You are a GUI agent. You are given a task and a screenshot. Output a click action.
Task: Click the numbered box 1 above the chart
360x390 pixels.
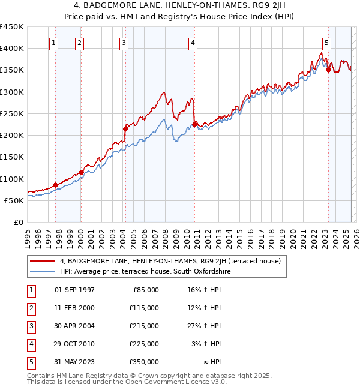(54, 43)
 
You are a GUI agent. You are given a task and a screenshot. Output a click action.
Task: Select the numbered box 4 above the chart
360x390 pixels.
(193, 43)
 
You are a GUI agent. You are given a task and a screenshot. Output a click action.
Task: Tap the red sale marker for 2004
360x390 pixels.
(126, 128)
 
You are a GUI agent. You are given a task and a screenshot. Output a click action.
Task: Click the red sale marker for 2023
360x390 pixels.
(328, 70)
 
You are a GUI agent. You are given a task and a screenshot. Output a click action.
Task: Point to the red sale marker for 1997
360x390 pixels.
(56, 185)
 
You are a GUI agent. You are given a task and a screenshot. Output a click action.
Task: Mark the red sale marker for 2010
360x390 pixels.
(195, 124)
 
